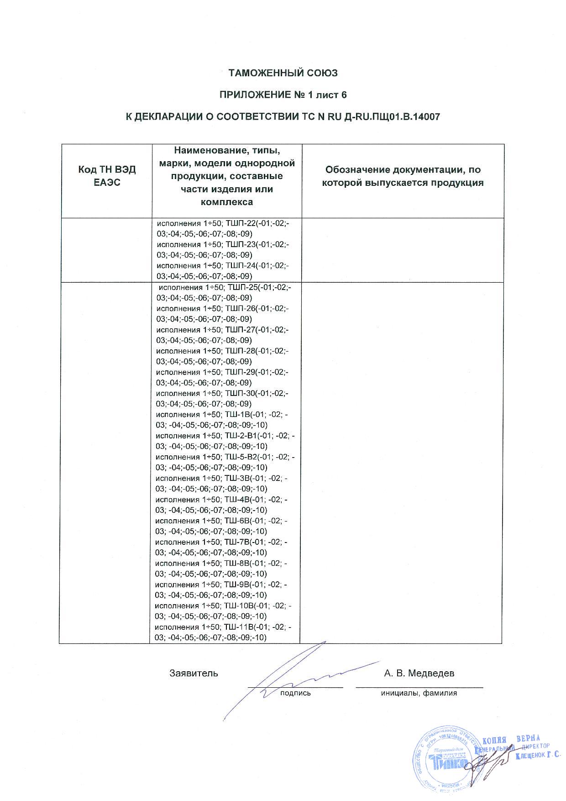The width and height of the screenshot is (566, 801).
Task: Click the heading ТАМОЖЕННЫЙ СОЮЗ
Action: [283, 73]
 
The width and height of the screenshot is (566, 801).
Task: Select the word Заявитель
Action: [194, 673]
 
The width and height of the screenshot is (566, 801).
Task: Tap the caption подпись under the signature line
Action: [295, 693]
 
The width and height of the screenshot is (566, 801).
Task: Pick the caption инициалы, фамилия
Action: [419, 693]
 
